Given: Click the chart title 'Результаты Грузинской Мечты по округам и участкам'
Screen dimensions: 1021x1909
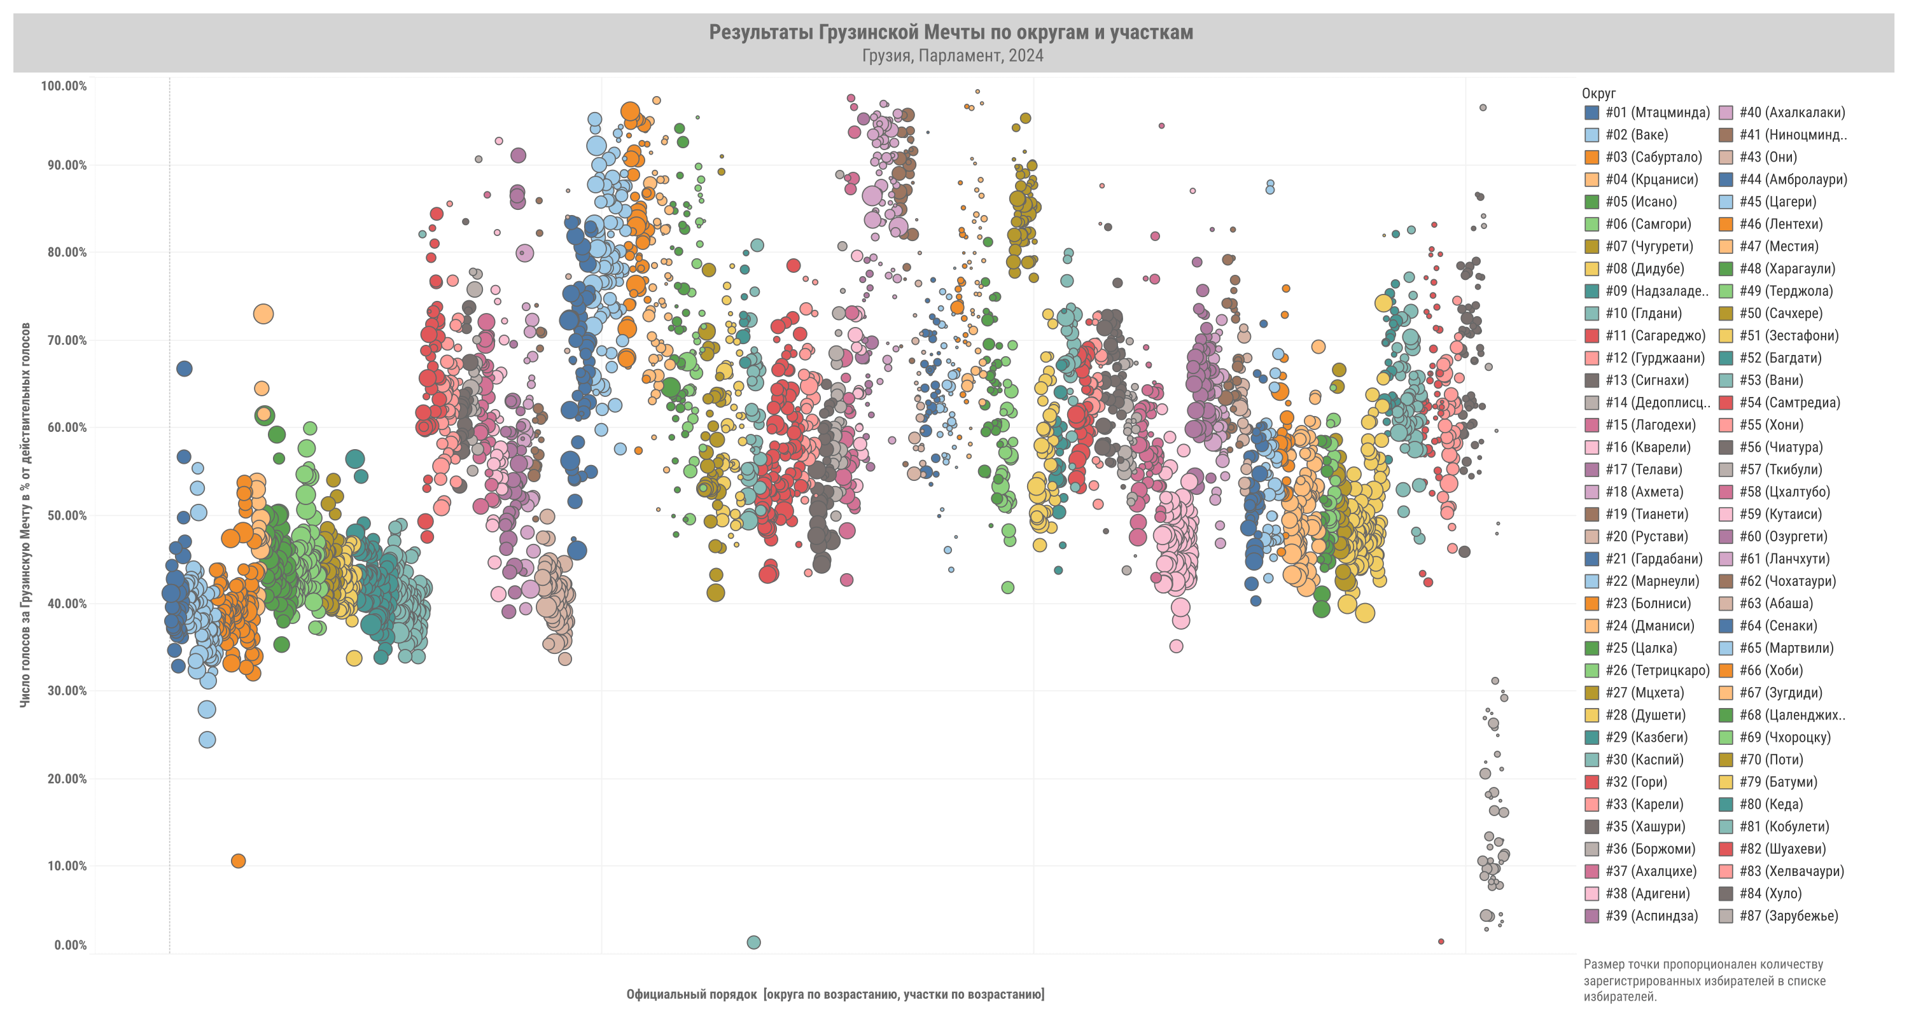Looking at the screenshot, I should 951,32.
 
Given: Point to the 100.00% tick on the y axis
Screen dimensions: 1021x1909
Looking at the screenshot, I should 64,86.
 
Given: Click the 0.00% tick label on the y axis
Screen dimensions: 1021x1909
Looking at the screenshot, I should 71,945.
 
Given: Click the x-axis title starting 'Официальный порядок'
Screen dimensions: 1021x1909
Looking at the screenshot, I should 835,994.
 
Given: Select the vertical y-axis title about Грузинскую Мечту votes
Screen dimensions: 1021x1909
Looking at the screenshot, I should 25,515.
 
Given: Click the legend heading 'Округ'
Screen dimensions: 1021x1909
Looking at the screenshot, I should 1598,94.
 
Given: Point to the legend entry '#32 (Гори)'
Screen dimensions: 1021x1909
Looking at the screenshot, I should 1635,782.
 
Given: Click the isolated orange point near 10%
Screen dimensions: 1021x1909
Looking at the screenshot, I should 238,861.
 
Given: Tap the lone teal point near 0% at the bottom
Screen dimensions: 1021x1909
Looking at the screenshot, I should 753,943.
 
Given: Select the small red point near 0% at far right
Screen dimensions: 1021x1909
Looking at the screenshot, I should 1441,941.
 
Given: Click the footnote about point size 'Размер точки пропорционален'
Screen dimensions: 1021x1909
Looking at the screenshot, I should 1703,980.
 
